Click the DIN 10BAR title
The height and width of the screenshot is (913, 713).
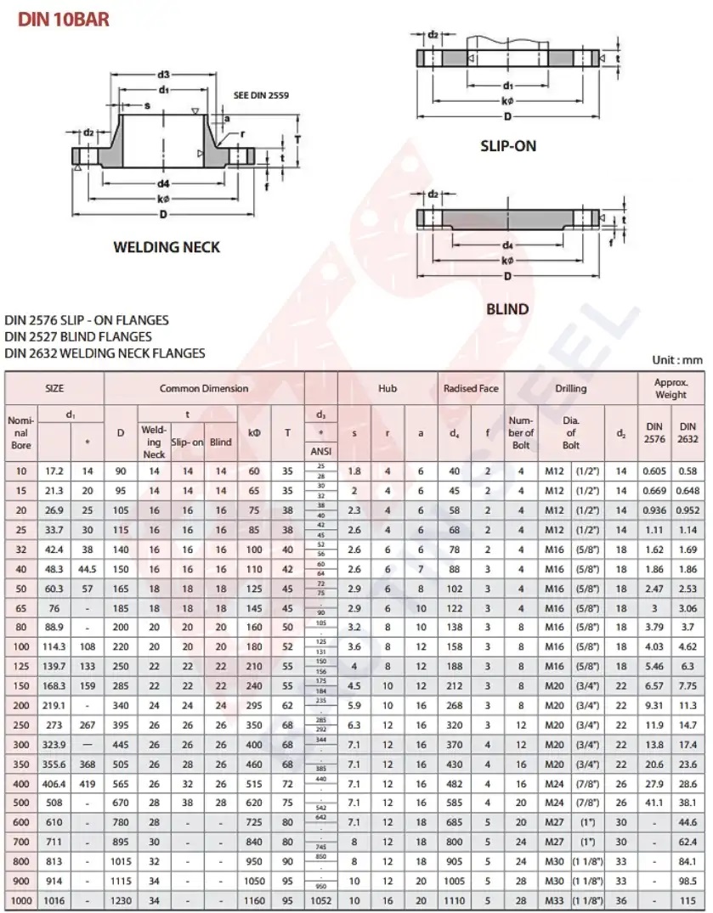pyautogui.click(x=64, y=19)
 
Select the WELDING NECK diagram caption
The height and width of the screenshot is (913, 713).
pyautogui.click(x=167, y=247)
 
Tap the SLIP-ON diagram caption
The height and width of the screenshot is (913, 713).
pyautogui.click(x=508, y=146)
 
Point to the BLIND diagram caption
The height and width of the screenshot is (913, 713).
pyautogui.click(x=507, y=309)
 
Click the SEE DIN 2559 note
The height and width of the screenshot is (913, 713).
pyautogui.click(x=261, y=95)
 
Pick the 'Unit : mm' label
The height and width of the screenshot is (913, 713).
pyautogui.click(x=677, y=360)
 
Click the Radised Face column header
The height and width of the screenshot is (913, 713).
pyautogui.click(x=471, y=388)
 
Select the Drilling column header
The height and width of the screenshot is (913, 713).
pyautogui.click(x=571, y=388)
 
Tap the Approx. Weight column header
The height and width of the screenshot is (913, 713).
pyautogui.click(x=671, y=388)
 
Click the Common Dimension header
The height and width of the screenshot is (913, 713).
pyautogui.click(x=204, y=388)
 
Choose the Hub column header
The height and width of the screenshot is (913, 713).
pyautogui.click(x=388, y=388)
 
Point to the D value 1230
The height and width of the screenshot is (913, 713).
pyautogui.click(x=121, y=900)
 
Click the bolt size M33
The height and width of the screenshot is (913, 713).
pyautogui.click(x=554, y=900)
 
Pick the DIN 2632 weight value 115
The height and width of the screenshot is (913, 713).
pyautogui.click(x=688, y=900)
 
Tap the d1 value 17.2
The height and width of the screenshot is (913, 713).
pyautogui.click(x=54, y=471)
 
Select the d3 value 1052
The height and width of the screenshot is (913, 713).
pyautogui.click(x=321, y=900)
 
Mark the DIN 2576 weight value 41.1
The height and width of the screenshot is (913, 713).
pyautogui.click(x=654, y=803)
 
